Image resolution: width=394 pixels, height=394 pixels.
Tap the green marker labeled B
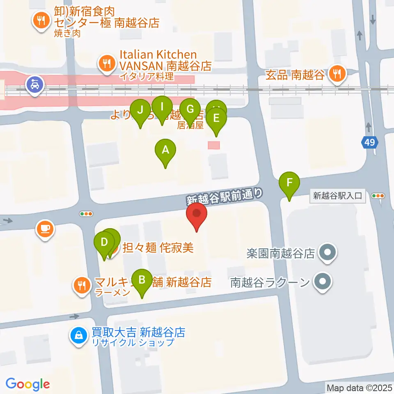[142, 280]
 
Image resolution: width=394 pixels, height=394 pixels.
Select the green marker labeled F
[289, 182]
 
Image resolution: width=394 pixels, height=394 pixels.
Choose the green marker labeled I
[162, 107]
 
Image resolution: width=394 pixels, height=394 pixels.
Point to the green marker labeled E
[216, 119]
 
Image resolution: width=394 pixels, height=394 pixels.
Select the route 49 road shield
[369, 142]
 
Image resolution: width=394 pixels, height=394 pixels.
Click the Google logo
[28, 384]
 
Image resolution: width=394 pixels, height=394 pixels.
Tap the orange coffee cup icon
[45, 228]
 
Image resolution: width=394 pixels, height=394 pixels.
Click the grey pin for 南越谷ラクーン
[323, 282]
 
